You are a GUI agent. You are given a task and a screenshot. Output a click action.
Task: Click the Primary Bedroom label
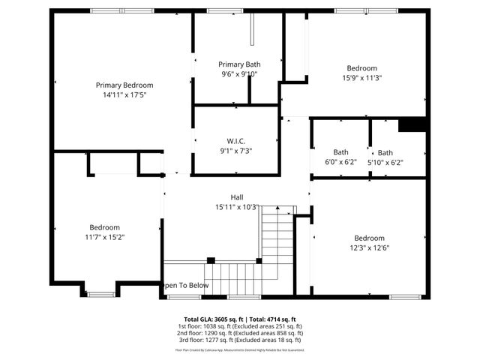point(124,85)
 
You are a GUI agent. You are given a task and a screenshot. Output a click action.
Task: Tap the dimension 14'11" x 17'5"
point(124,95)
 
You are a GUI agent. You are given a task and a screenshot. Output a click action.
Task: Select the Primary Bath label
point(238,64)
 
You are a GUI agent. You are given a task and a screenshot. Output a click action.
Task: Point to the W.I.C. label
point(236,141)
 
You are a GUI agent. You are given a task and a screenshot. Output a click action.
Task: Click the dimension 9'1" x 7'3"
point(236,151)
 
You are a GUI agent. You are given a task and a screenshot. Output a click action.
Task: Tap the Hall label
point(236,197)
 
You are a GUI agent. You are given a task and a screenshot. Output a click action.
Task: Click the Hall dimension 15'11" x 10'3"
point(236,207)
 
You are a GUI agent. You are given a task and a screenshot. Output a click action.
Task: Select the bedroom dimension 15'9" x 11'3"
point(362,77)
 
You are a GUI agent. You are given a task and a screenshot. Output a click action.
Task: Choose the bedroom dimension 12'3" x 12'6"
point(369,248)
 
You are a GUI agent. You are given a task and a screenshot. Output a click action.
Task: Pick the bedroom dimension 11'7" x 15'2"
point(105,238)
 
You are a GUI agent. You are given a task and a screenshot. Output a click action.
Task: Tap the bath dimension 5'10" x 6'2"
point(385,162)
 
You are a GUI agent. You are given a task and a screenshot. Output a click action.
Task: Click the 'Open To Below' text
point(184,286)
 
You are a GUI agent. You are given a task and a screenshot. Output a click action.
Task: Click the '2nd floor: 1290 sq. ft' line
point(239,333)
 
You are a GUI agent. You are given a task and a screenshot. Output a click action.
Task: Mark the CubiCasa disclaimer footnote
point(239,349)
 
